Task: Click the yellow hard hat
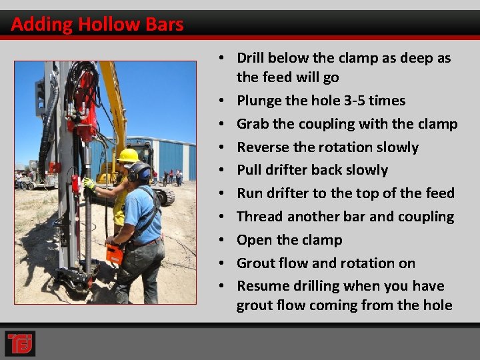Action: [x=127, y=156]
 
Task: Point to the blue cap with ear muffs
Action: [x=140, y=173]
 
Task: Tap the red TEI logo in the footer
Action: [x=19, y=343]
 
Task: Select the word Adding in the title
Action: [x=42, y=25]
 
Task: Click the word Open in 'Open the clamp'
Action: [x=254, y=240]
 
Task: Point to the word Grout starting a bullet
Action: [x=256, y=263]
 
